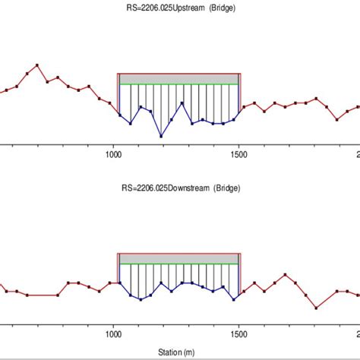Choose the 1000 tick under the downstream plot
[112, 331]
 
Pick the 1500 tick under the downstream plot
[238, 331]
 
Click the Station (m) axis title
[179, 352]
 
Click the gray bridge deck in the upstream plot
[179, 79]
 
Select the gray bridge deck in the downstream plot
[179, 259]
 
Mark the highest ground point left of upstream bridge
[38, 65]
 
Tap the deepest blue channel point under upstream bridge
[161, 137]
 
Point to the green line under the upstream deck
[179, 84]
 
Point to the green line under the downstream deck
[179, 264]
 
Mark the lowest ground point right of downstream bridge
[316, 308]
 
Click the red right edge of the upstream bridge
[241, 91]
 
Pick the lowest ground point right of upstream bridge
[337, 118]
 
